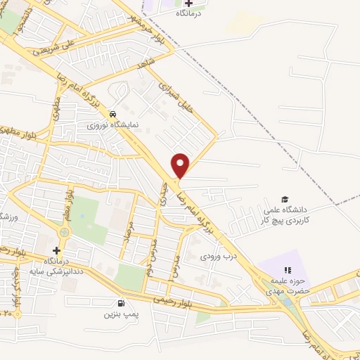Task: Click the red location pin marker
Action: pos(181,165)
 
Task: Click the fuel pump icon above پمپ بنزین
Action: pos(122,304)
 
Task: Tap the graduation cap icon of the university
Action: pos(285,200)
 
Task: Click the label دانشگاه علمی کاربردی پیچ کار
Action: pos(287,214)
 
